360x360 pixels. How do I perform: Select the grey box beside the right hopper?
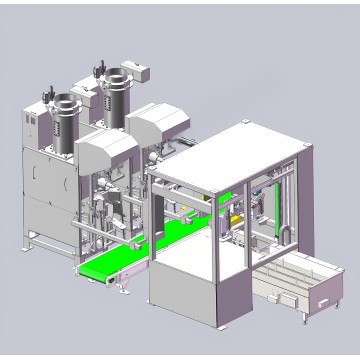click(x=141, y=73)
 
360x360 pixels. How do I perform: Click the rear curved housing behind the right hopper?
click(x=159, y=121)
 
